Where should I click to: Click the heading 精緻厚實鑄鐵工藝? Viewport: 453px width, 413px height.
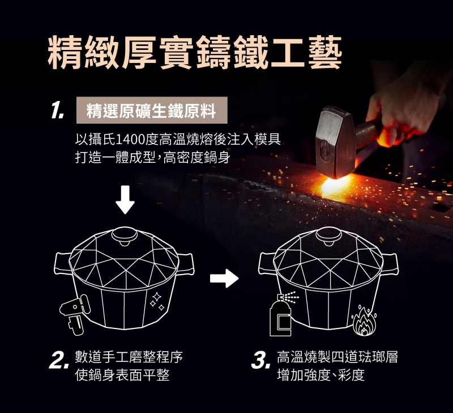pos(195,52)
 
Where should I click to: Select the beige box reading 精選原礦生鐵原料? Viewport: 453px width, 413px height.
pos(152,110)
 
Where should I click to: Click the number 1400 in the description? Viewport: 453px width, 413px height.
pos(130,140)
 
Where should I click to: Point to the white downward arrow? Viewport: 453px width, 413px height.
pos(125,200)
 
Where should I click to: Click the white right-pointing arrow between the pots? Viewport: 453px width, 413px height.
pos(224,279)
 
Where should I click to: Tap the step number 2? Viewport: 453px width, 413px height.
pos(59,362)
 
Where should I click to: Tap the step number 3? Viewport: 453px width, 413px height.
pos(261,362)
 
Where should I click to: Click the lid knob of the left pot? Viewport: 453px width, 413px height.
pos(125,236)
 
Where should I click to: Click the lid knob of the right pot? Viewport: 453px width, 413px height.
pos(329,236)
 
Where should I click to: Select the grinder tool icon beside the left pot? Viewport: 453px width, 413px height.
pos(75,313)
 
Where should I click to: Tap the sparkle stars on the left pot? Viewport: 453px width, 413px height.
pos(157,302)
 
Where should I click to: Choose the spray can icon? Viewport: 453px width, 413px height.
pos(281,315)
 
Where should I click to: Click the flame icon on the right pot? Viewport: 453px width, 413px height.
pos(364,321)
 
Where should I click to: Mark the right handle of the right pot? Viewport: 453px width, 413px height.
pos(390,264)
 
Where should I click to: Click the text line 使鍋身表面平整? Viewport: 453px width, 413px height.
pos(122,375)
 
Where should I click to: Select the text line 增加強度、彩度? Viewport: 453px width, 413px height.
pos(321,375)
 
